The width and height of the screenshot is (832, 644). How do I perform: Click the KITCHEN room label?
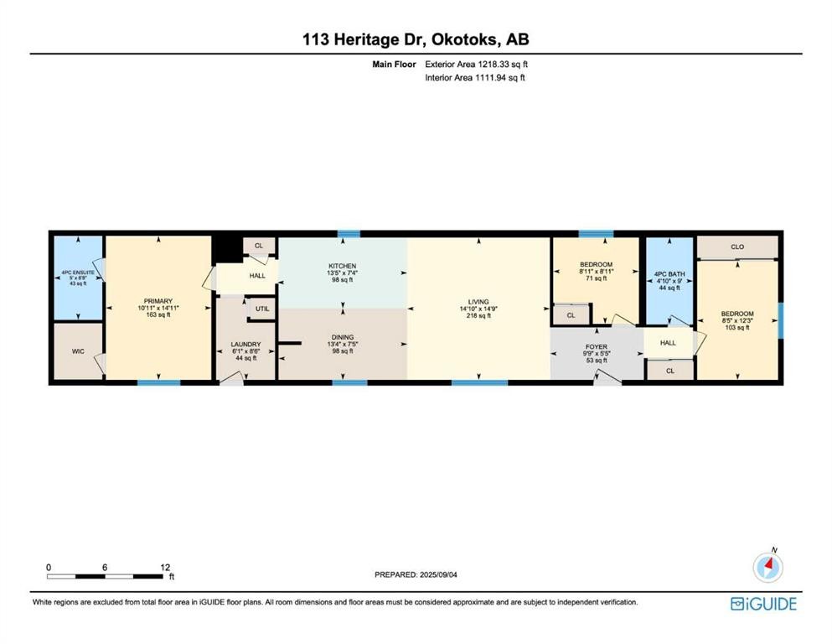point(342,266)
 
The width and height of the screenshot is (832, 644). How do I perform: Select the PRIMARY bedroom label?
point(158,301)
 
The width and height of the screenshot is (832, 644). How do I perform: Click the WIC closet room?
point(77,351)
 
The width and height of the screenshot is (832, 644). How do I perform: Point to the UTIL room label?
point(262,309)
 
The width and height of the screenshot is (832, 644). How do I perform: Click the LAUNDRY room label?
point(245,345)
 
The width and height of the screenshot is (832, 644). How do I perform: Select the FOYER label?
point(596,346)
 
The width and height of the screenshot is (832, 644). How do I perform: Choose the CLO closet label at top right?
point(736,247)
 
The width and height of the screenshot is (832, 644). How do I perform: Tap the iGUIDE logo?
point(763,603)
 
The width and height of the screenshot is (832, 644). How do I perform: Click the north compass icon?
point(767,568)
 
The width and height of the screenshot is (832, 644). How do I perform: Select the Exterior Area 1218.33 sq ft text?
point(475,64)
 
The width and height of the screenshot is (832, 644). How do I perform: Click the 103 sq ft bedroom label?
point(737,327)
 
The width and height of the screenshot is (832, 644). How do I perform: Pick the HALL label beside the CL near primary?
point(257,275)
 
